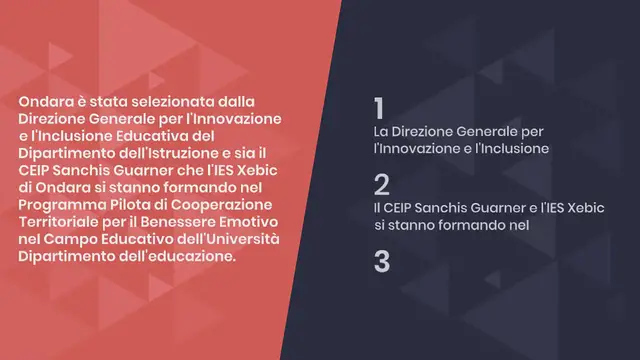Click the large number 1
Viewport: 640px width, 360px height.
379,108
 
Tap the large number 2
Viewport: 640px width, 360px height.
381,184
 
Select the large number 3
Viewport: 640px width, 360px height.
381,261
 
